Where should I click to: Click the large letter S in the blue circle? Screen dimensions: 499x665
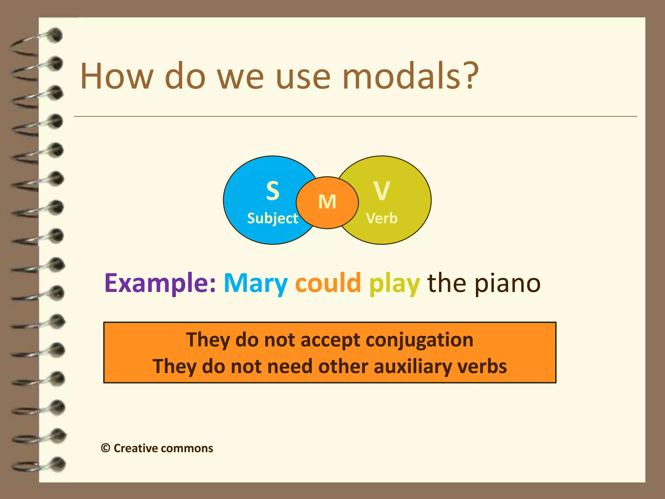click(x=272, y=191)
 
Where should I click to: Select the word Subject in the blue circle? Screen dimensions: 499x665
click(x=272, y=218)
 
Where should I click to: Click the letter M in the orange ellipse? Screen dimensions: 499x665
click(x=327, y=202)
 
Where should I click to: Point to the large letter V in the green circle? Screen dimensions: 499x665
click(x=382, y=191)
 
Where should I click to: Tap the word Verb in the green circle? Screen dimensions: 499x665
click(x=382, y=218)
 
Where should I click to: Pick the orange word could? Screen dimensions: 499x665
click(x=328, y=283)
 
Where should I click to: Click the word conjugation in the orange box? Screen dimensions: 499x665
click(x=419, y=340)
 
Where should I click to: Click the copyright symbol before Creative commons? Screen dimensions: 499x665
click(x=106, y=448)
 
